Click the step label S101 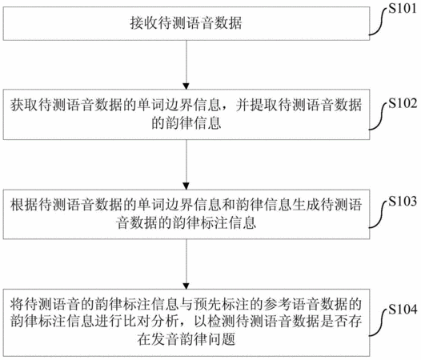[x=403, y=9]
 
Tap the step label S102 [x=403, y=103]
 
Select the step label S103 [x=403, y=201]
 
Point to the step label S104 [x=403, y=310]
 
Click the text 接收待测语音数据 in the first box [x=186, y=23]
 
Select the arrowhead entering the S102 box [x=186, y=86]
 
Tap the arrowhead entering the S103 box [x=186, y=186]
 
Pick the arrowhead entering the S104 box [x=186, y=286]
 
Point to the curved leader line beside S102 [x=379, y=116]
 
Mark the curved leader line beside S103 [x=379, y=214]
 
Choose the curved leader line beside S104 [x=379, y=322]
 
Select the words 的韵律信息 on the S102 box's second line [x=186, y=123]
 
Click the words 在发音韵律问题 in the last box [x=186, y=339]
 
